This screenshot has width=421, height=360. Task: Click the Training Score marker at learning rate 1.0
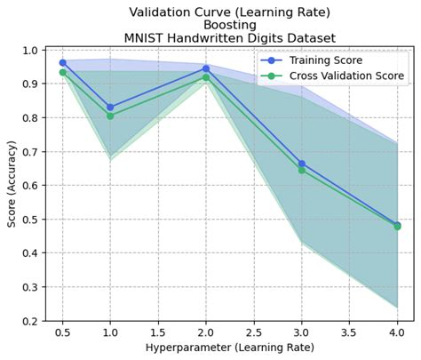(x=110, y=107)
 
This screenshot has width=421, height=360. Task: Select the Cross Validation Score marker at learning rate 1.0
(x=110, y=116)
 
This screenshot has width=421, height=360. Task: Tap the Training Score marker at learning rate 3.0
(x=301, y=164)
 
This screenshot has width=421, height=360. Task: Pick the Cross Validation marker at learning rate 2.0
(x=206, y=77)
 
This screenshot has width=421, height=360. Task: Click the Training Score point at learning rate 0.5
(x=62, y=62)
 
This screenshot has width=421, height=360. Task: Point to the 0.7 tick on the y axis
(x=44, y=151)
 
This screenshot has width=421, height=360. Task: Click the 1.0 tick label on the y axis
(x=30, y=50)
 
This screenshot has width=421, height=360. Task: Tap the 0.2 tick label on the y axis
(x=30, y=321)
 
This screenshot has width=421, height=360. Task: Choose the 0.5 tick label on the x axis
(x=62, y=332)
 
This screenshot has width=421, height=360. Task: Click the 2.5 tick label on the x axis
(x=253, y=332)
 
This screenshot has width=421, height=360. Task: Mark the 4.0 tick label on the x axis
(x=396, y=332)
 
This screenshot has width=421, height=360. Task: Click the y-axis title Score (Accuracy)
(x=12, y=185)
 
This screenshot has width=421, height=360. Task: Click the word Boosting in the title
(x=229, y=25)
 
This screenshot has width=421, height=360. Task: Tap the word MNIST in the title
(x=146, y=38)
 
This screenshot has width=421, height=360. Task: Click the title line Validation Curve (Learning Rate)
(x=229, y=12)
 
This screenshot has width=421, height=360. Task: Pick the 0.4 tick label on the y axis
(x=30, y=253)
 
